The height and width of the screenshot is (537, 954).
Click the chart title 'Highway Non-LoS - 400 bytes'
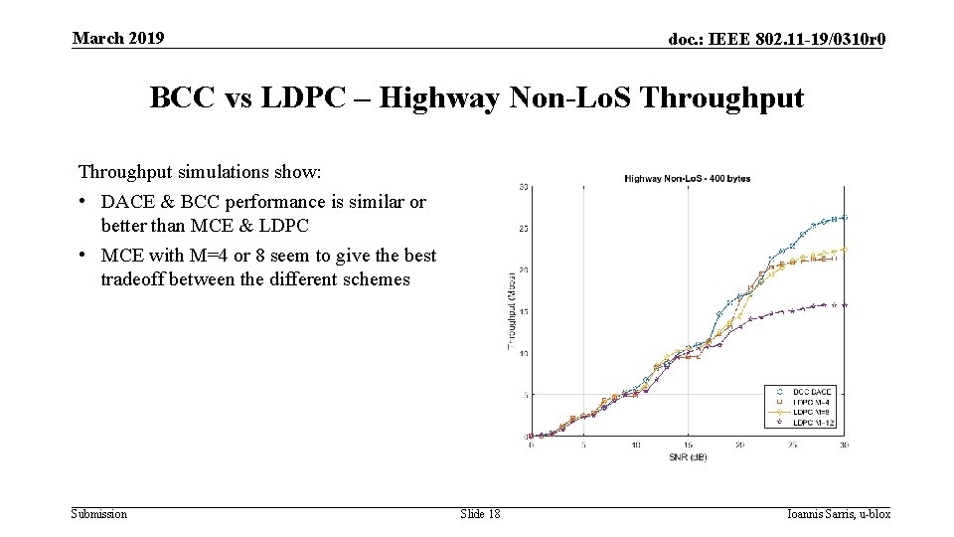pyautogui.click(x=687, y=178)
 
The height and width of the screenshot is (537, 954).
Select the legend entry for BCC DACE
pyautogui.click(x=813, y=392)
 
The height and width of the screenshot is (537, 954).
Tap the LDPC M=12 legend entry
pyautogui.click(x=813, y=423)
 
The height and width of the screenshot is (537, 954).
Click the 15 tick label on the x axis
pyautogui.click(x=688, y=445)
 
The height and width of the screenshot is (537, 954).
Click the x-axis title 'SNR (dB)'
pyautogui.click(x=687, y=456)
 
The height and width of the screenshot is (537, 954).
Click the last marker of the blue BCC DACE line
pyautogui.click(x=844, y=217)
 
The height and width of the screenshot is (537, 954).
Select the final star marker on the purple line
pyautogui.click(x=844, y=305)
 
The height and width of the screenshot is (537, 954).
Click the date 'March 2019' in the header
pyautogui.click(x=118, y=38)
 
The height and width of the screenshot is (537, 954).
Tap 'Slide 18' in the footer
pyautogui.click(x=480, y=513)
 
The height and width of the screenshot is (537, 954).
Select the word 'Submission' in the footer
pyautogui.click(x=99, y=513)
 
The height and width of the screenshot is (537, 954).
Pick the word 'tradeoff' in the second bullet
pyautogui.click(x=132, y=279)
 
